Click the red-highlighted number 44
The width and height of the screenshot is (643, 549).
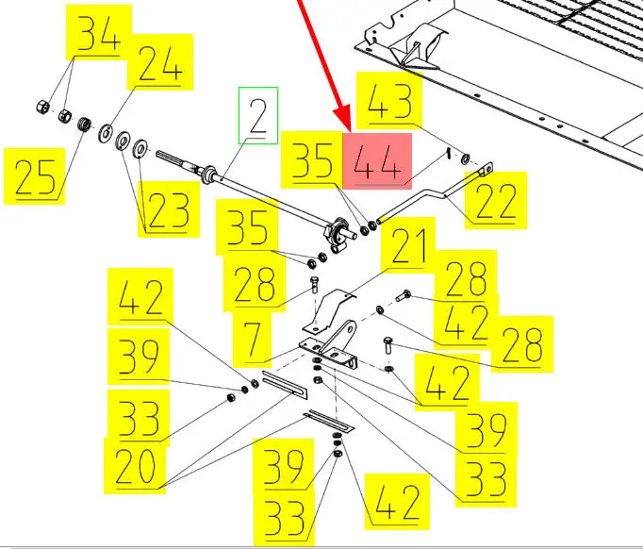pyautogui.click(x=377, y=162)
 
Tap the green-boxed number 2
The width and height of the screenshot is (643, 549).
pyautogui.click(x=258, y=115)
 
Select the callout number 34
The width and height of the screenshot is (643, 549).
pyautogui.click(x=99, y=33)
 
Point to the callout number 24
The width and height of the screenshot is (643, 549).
pyautogui.click(x=160, y=63)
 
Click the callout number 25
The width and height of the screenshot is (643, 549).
pyautogui.click(x=35, y=177)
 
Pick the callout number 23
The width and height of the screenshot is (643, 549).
pyautogui.click(x=169, y=210)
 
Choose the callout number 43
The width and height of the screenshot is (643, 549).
pyautogui.click(x=389, y=101)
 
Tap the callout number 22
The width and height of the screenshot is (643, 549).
pyautogui.click(x=495, y=201)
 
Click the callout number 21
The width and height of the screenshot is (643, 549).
pyautogui.click(x=408, y=246)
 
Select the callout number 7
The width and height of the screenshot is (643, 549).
pyautogui.click(x=252, y=339)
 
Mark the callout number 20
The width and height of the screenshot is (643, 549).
pyautogui.click(x=135, y=466)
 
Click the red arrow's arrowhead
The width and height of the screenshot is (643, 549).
pyautogui.click(x=343, y=121)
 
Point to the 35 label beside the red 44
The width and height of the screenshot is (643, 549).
pyautogui.click(x=312, y=160)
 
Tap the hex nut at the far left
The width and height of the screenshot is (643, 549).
pyautogui.click(x=42, y=108)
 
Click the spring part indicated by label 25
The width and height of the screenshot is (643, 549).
pyautogui.click(x=84, y=125)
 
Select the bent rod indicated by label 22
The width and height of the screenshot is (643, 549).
pyautogui.click(x=435, y=192)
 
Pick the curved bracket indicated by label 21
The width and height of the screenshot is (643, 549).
pyautogui.click(x=328, y=309)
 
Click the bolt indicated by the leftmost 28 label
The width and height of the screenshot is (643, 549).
pyautogui.click(x=314, y=284)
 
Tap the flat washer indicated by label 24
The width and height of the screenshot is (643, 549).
pyautogui.click(x=107, y=133)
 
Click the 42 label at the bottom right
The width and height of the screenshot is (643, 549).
pyautogui.click(x=397, y=502)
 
